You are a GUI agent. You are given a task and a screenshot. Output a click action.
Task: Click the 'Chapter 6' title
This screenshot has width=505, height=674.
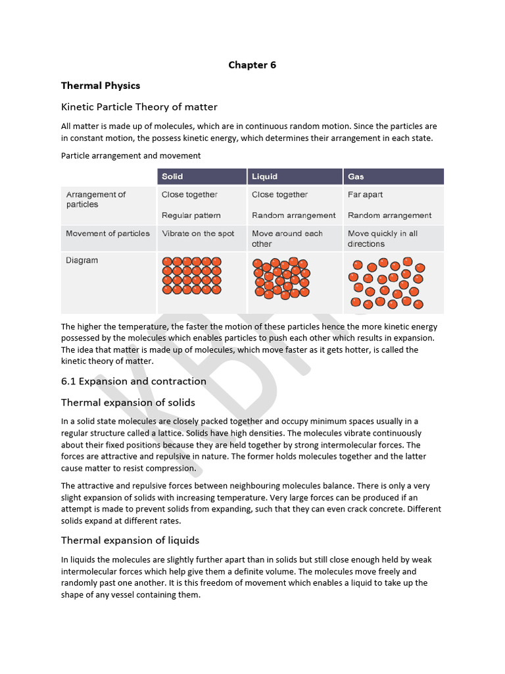(252, 65)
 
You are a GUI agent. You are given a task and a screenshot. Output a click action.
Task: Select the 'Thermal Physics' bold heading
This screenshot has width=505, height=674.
(100, 86)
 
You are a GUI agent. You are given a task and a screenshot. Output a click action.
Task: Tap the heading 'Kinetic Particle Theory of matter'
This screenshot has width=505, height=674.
(139, 107)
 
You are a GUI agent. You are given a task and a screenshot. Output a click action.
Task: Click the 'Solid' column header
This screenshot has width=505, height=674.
(172, 176)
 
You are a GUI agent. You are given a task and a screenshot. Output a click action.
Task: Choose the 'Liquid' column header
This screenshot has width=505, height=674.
(264, 176)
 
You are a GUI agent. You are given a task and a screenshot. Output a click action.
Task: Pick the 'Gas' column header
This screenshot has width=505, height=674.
(356, 176)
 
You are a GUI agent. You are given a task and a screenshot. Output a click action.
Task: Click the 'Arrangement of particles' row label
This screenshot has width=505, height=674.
(95, 199)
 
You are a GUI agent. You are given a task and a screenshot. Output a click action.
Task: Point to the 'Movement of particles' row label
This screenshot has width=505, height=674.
(107, 234)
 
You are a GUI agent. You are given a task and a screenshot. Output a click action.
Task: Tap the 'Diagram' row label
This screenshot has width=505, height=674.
(82, 261)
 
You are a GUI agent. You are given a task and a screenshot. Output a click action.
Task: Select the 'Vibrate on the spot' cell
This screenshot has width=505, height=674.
(198, 234)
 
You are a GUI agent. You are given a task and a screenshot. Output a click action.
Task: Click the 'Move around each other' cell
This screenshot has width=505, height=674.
(287, 238)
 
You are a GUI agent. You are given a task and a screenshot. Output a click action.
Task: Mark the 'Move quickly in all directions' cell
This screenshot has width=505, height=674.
(382, 238)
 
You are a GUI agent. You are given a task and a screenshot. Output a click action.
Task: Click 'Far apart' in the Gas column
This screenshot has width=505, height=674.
(365, 195)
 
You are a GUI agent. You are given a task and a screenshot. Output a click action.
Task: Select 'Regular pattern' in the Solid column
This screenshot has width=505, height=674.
(191, 215)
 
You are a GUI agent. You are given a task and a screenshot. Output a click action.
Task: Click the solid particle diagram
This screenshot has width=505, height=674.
(191, 275)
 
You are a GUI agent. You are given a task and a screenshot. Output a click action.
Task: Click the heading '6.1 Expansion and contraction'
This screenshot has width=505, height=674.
(133, 381)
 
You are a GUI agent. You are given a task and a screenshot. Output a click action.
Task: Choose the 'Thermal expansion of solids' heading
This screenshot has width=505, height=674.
(128, 402)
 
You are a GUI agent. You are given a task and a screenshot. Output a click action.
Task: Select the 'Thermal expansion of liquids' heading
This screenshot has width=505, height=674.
(130, 540)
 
